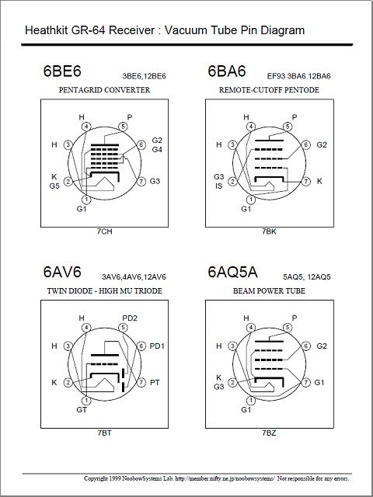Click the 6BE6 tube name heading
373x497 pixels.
[62, 71]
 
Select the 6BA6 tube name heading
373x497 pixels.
[227, 71]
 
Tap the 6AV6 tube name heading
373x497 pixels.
[62, 273]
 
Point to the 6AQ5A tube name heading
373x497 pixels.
[232, 273]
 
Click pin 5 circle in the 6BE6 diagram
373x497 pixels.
[123, 127]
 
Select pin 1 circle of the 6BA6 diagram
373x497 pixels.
[251, 200]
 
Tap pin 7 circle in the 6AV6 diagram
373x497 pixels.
[141, 383]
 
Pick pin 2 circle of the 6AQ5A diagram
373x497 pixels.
[232, 383]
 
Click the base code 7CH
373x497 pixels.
[104, 231]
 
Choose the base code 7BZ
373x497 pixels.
[269, 433]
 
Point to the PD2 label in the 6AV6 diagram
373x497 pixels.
[130, 318]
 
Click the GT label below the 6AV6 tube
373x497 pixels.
[82, 410]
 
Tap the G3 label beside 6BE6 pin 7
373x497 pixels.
[155, 181]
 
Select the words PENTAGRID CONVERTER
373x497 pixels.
[104, 90]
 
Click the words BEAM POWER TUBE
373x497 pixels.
[270, 290]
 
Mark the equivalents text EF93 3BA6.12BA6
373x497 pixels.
[298, 76]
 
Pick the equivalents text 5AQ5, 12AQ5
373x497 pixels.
[307, 277]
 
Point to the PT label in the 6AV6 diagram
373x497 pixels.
[155, 383]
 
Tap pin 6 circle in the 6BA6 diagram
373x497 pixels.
[305, 145]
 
